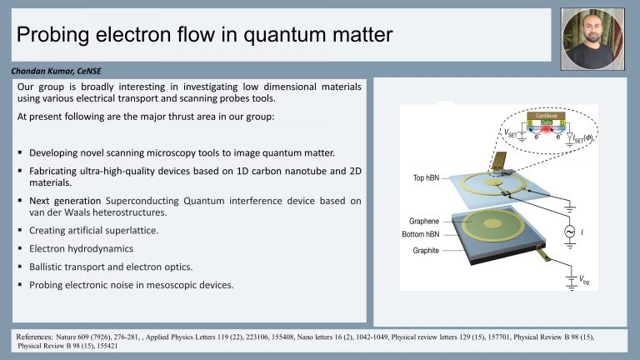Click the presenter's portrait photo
coord(592,39)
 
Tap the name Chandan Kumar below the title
coord(42,71)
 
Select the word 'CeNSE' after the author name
coord(89,71)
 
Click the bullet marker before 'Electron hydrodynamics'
coord(20,248)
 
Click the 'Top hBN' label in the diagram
coord(426,177)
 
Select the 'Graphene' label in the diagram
coord(424,221)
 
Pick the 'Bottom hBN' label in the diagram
coord(421,234)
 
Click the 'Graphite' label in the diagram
coord(426,251)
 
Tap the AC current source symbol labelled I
coord(569,232)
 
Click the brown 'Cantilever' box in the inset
coord(546,116)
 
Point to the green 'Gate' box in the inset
coord(546,122)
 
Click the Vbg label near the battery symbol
coord(584,280)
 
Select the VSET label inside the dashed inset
coord(510,133)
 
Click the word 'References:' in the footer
coord(34,337)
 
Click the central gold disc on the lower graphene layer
coord(492,222)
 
